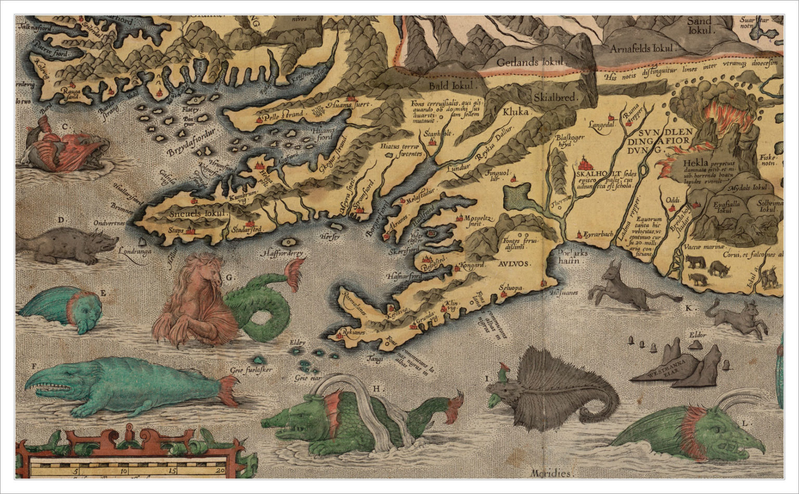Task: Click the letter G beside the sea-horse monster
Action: click(228, 277)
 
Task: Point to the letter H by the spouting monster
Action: click(376, 388)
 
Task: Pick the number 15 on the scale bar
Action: click(172, 472)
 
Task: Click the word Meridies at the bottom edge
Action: click(551, 473)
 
